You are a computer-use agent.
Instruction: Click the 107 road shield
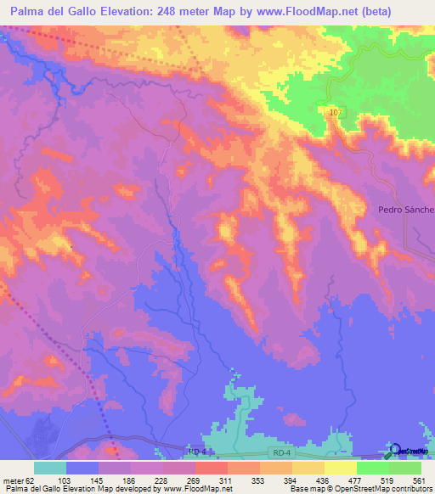tap(334, 112)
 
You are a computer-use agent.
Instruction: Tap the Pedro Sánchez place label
tap(406, 210)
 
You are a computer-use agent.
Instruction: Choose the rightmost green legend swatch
tap(404, 468)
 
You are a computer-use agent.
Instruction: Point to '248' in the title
tap(181, 11)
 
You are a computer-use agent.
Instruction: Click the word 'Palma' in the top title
tap(26, 11)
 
